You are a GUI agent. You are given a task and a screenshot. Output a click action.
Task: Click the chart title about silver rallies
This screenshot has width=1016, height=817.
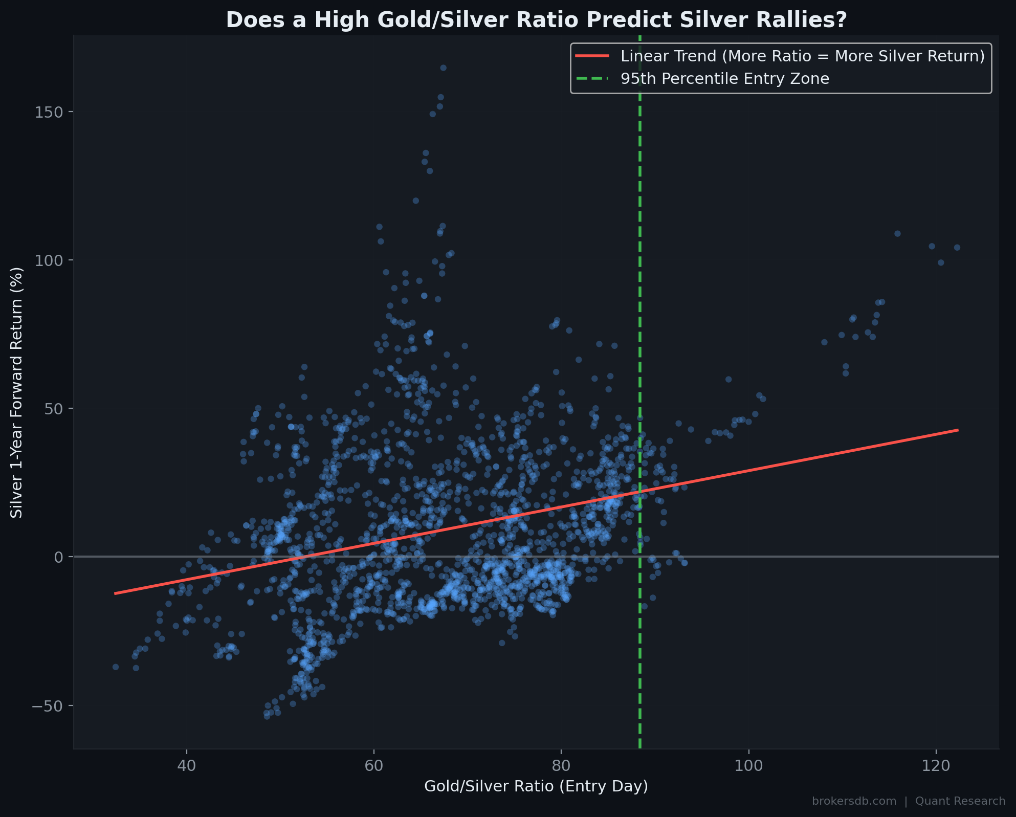click(536, 20)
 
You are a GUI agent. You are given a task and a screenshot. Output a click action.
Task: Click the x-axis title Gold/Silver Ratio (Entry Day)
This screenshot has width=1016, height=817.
click(536, 786)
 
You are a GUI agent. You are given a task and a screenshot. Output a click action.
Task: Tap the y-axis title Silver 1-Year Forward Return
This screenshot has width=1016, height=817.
click(17, 392)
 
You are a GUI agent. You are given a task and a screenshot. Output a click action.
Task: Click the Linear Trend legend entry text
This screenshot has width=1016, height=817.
click(802, 56)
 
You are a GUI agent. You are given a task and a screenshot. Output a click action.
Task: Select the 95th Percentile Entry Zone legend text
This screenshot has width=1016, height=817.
click(724, 79)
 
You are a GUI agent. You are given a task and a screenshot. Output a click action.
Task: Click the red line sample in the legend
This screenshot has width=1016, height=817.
click(592, 56)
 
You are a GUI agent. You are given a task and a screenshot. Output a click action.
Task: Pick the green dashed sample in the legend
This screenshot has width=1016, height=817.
click(592, 79)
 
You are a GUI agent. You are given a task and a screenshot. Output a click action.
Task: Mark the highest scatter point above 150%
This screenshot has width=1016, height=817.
click(443, 68)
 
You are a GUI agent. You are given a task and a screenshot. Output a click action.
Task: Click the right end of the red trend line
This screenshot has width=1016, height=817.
click(958, 430)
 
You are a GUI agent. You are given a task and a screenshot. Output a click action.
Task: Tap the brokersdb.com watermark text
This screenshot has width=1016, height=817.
click(854, 801)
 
